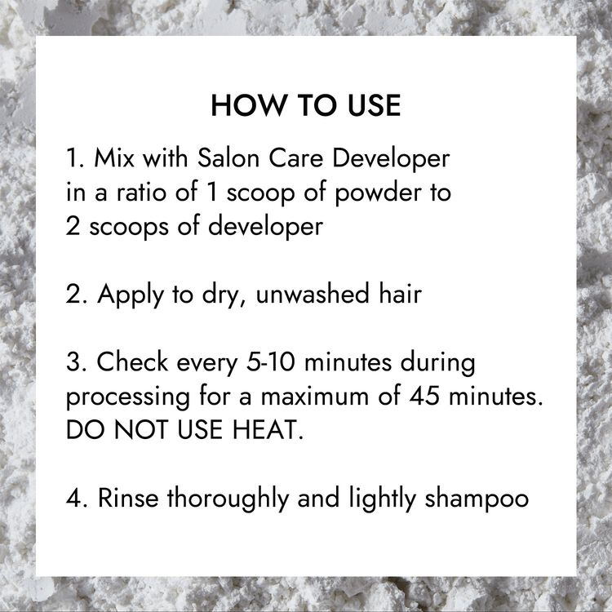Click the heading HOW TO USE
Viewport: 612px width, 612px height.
pyautogui.click(x=305, y=107)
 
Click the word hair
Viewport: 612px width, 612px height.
pyautogui.click(x=397, y=293)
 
